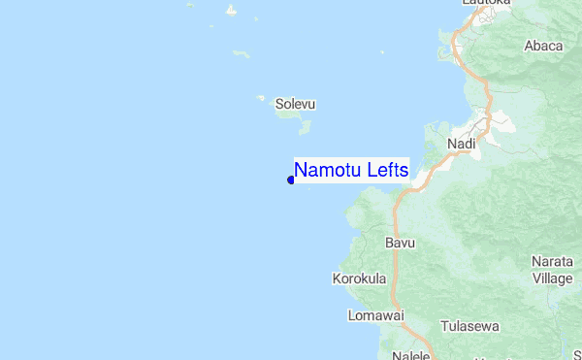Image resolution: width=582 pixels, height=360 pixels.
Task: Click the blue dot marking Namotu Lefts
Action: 291,179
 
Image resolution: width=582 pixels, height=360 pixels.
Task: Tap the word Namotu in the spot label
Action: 326,170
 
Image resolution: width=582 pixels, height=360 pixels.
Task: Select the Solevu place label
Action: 296,103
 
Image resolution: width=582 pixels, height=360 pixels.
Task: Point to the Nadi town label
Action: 461,144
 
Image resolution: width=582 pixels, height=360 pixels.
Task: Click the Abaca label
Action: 543,46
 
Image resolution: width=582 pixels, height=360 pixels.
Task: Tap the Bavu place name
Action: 400,242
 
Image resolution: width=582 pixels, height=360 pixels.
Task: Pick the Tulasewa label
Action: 469,327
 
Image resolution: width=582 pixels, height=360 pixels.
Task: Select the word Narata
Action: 552,262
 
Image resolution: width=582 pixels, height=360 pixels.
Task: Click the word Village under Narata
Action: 552,278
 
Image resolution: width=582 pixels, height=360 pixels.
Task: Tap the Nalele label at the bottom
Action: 410,356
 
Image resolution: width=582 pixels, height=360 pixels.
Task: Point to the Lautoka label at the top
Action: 486,3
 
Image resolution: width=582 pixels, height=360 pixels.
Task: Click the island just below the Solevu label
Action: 289,115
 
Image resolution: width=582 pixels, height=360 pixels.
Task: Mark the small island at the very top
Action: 231,13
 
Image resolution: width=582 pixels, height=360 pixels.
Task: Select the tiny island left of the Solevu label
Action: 261,97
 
